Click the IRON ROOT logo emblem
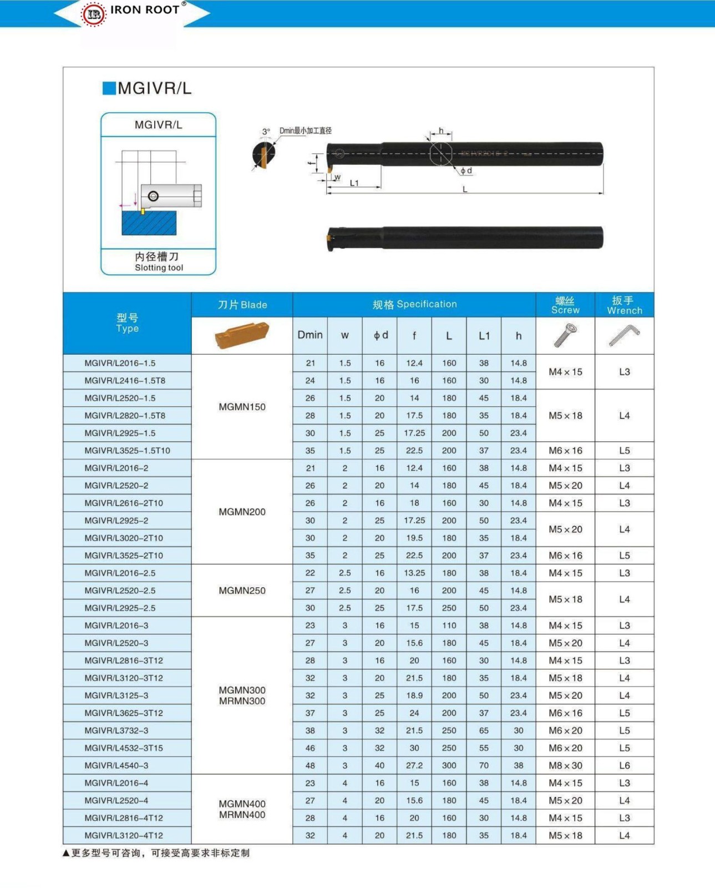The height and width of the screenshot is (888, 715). (93, 14)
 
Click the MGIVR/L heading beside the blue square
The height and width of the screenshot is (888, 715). (154, 88)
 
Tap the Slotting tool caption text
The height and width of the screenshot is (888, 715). (159, 268)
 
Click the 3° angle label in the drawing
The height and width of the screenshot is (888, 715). (266, 132)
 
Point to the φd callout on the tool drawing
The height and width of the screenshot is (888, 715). (466, 170)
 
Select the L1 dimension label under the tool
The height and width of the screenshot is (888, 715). (354, 183)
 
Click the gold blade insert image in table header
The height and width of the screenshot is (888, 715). (242, 335)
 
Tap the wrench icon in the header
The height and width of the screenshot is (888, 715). (624, 335)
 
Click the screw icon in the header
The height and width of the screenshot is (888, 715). (565, 335)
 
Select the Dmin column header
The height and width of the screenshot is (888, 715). (310, 335)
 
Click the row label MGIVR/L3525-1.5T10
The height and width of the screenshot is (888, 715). (127, 451)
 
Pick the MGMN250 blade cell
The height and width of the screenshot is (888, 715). (242, 591)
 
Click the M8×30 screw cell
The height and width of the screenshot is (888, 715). (565, 765)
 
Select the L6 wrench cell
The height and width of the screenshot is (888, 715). (624, 765)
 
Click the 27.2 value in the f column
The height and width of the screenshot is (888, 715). (414, 765)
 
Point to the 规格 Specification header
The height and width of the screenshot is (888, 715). (414, 304)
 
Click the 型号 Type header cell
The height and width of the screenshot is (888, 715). (127, 322)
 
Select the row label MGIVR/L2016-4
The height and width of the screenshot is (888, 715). (116, 783)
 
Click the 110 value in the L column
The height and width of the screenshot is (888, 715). (449, 625)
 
